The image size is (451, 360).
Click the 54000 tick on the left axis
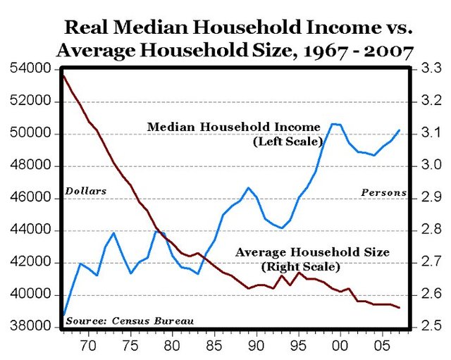pyautogui.click(x=30, y=69)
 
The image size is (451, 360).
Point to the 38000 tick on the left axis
pyautogui.click(x=30, y=327)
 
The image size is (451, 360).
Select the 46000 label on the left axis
pyautogui.click(x=30, y=198)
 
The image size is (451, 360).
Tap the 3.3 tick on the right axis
pyautogui.click(x=431, y=69)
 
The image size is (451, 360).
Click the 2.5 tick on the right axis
pyautogui.click(x=431, y=327)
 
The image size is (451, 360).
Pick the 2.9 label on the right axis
pyautogui.click(x=431, y=198)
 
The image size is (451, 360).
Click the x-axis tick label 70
pyautogui.click(x=87, y=347)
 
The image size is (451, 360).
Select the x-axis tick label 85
pyautogui.click(x=214, y=347)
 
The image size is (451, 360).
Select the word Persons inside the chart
pyautogui.click(x=383, y=192)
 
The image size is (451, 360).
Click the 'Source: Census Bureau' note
pyautogui.click(x=129, y=321)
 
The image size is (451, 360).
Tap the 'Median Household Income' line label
pyautogui.click(x=233, y=127)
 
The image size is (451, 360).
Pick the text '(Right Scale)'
pyautogui.click(x=300, y=267)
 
